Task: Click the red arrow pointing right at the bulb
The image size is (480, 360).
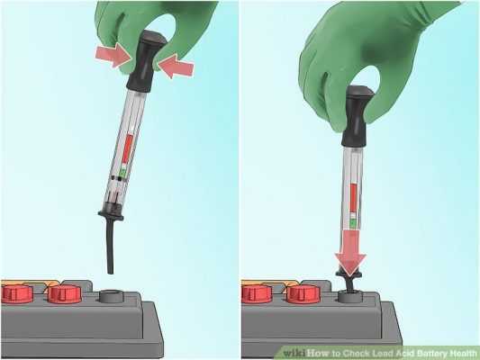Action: click(113, 54)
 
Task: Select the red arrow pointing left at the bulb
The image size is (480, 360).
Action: click(176, 65)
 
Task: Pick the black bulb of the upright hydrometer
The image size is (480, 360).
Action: click(358, 115)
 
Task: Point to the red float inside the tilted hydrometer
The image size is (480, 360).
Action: click(127, 150)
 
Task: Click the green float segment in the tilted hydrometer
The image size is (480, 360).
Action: click(122, 173)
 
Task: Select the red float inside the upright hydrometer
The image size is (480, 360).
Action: click(354, 197)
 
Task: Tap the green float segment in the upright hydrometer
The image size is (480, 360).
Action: click(354, 223)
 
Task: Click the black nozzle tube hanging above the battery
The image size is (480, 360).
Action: click(110, 247)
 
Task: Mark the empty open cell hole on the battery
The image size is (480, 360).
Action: click(112, 296)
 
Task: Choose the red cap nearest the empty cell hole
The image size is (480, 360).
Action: click(65, 293)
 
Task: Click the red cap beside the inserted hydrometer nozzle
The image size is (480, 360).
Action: click(303, 293)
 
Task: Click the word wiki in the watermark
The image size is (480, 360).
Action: click(294, 354)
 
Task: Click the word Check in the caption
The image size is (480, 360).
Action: click(358, 354)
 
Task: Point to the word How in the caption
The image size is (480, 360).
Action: click(318, 354)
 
